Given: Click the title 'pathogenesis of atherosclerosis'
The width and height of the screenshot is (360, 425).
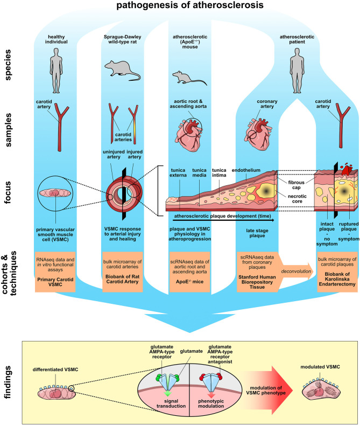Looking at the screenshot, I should click(180, 7).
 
